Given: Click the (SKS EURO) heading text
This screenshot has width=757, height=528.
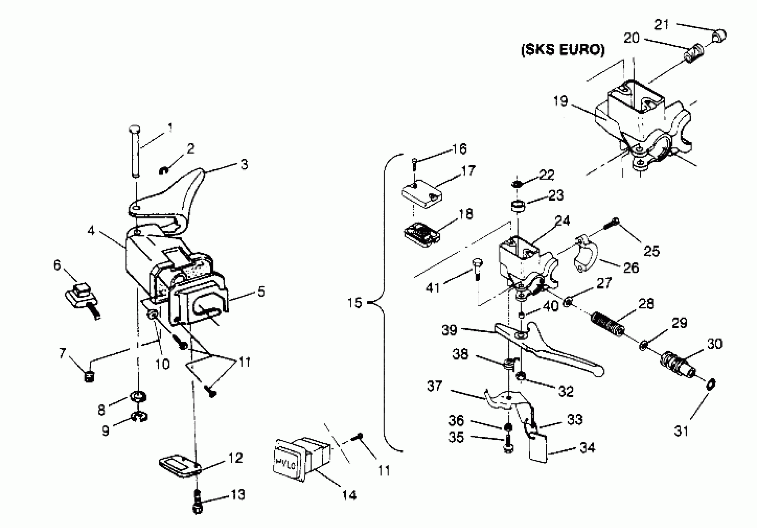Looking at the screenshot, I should [563, 50].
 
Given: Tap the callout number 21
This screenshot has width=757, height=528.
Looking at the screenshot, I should [661, 25].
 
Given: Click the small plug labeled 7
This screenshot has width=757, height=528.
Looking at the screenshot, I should [89, 376].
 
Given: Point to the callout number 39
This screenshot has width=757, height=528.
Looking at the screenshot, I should [449, 330].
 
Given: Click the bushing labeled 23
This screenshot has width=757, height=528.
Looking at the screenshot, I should [518, 207].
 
